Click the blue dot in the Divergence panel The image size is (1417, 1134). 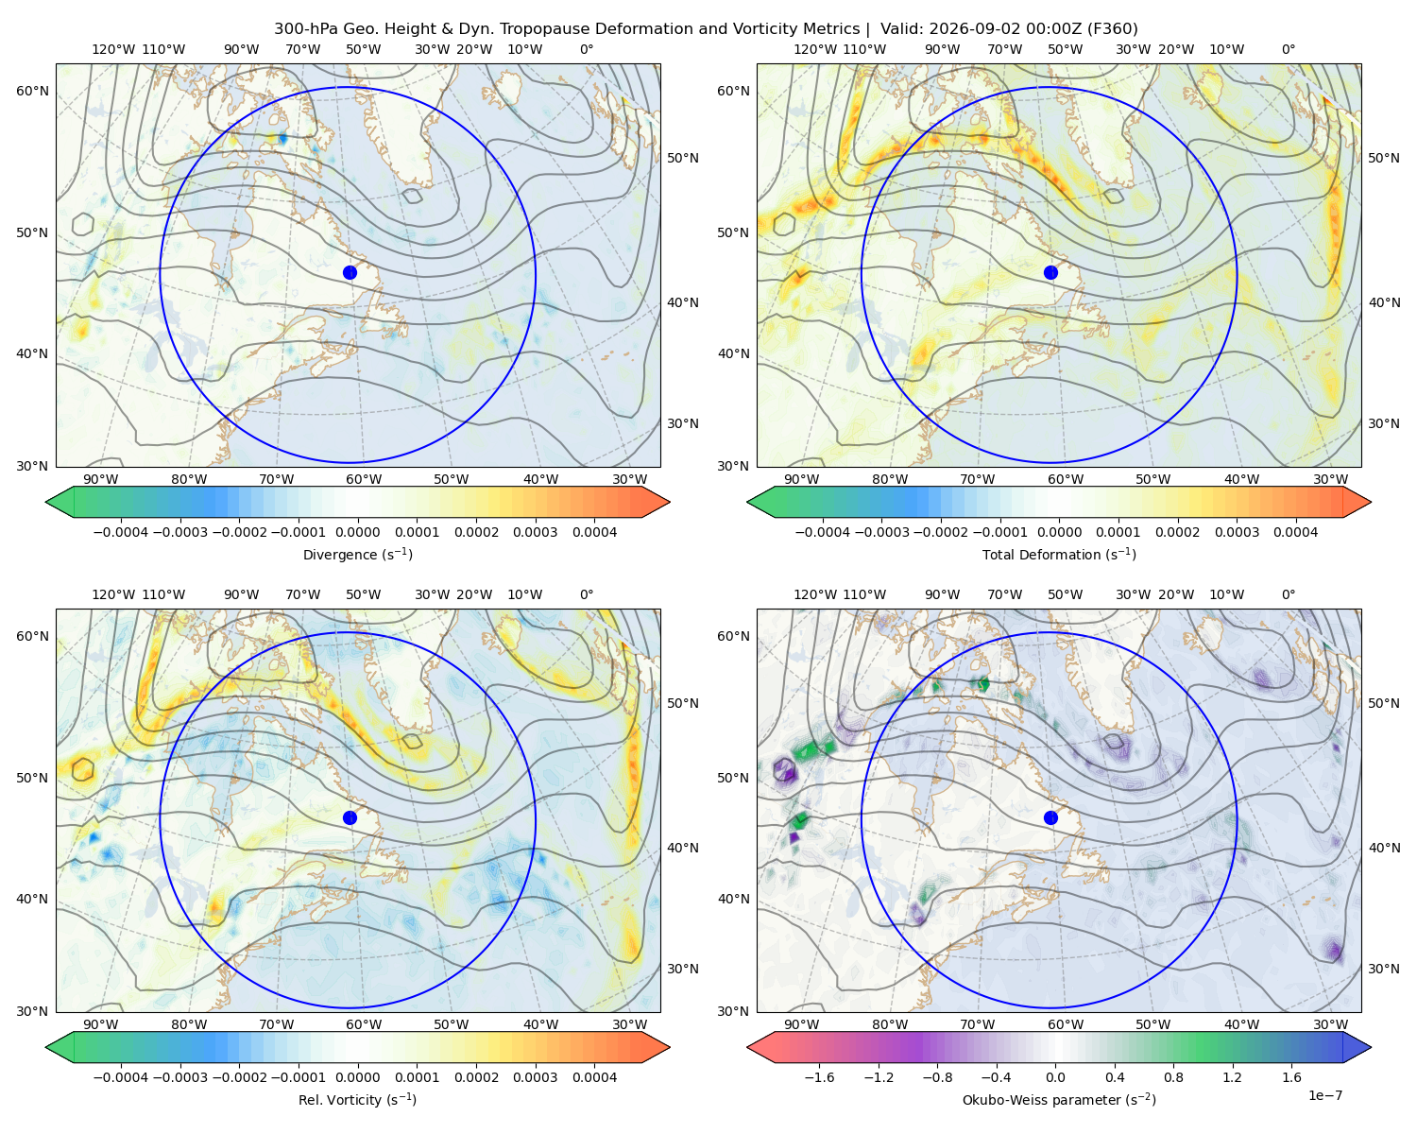click(x=350, y=273)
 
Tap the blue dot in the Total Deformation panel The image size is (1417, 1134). click(x=1050, y=273)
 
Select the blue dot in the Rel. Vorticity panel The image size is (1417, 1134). click(x=350, y=817)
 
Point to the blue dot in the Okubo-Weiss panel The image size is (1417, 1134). click(x=1050, y=817)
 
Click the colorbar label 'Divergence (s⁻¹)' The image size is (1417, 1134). click(x=357, y=554)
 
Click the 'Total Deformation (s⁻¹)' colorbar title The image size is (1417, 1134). click(x=1059, y=554)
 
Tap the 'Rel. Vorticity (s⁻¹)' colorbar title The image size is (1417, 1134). click(x=357, y=1100)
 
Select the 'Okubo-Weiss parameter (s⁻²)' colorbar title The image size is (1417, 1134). click(x=1059, y=1100)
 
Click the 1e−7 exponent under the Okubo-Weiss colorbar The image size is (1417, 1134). click(x=1324, y=1096)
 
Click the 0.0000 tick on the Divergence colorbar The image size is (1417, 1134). click(x=357, y=532)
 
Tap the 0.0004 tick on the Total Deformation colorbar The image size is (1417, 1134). click(x=1296, y=532)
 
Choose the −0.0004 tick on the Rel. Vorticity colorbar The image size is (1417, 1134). click(x=121, y=1077)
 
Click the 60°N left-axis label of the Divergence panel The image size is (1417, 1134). click(x=32, y=91)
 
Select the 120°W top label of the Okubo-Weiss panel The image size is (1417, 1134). click(x=815, y=594)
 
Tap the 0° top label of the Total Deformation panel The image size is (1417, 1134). click(x=1289, y=49)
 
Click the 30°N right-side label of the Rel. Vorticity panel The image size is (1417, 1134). click(x=683, y=969)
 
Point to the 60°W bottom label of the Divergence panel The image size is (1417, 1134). click(x=364, y=479)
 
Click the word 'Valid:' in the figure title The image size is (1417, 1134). click(x=901, y=29)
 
